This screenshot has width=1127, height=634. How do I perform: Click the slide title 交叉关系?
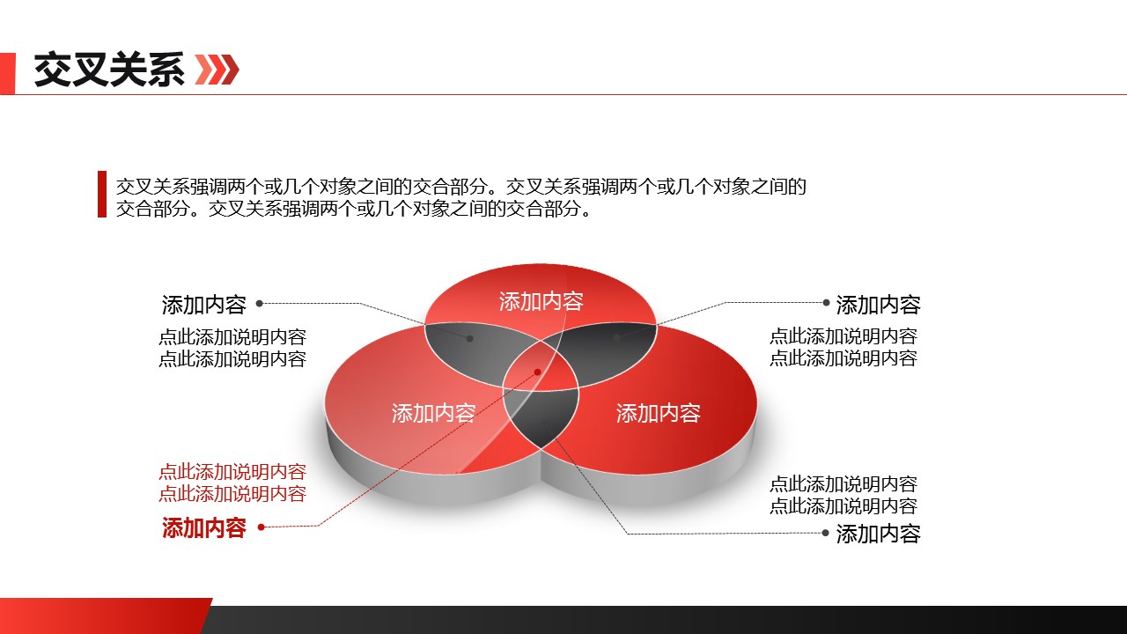(109, 70)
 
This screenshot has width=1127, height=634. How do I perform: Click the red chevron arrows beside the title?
(217, 70)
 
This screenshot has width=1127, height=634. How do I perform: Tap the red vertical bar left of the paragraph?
(102, 194)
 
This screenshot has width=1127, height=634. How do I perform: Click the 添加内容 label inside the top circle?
(541, 301)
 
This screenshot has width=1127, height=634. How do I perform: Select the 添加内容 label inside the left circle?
(433, 412)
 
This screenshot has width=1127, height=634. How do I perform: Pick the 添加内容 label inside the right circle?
(658, 412)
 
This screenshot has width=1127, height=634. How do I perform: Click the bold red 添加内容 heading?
(203, 527)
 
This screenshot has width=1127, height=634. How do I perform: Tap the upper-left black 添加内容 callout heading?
(203, 305)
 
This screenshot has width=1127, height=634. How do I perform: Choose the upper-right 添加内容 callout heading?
(878, 305)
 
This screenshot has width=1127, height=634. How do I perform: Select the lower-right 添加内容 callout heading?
(878, 534)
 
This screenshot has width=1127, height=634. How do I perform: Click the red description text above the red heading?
(232, 483)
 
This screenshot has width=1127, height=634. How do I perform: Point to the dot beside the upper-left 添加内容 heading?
(259, 303)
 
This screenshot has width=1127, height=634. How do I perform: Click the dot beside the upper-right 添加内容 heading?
(826, 302)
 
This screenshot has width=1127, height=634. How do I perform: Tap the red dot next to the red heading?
(261, 527)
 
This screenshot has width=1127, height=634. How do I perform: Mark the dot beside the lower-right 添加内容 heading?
(825, 533)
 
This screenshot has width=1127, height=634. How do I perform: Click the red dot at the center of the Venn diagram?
(537, 372)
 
